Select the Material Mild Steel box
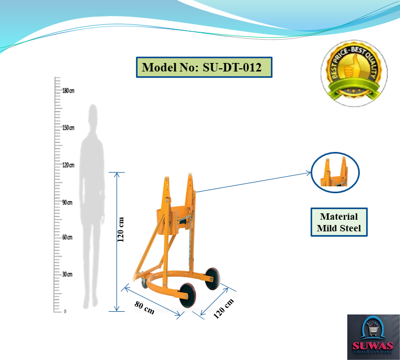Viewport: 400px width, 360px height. (339, 222)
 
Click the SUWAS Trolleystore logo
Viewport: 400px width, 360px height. (373, 337)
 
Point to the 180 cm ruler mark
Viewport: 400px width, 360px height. (68, 91)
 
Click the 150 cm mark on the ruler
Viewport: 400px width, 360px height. (68, 128)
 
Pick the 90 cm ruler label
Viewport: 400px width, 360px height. (67, 203)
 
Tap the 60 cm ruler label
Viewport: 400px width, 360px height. (67, 237)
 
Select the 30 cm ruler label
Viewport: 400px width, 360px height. (67, 274)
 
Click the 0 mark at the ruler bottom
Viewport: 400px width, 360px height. (65, 311)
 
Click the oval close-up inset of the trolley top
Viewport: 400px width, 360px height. (335, 173)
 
